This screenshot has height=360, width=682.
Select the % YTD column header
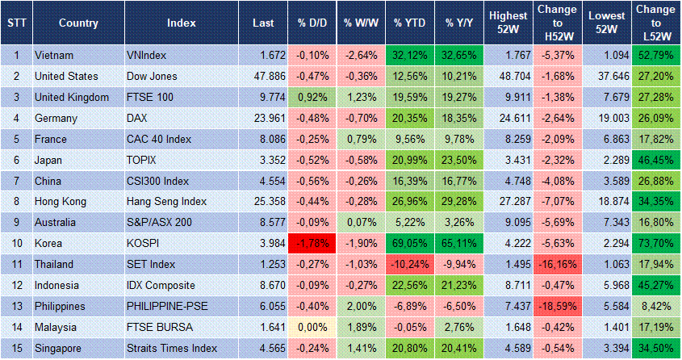point(408,23)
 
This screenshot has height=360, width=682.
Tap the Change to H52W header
point(558,23)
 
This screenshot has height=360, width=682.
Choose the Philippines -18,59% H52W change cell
point(558,285)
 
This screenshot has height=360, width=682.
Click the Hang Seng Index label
point(167,201)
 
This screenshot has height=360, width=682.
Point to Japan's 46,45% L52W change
point(655,160)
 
